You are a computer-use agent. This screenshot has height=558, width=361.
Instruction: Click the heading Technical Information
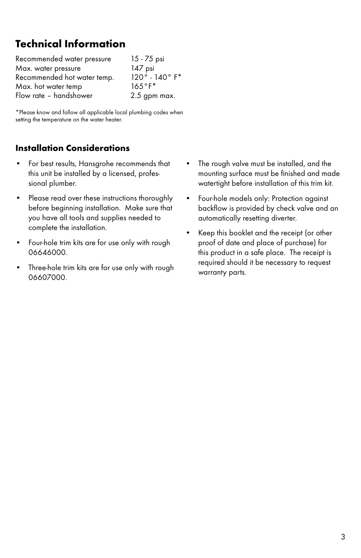pos(70,44)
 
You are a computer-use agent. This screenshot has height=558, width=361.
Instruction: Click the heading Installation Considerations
pos(72,148)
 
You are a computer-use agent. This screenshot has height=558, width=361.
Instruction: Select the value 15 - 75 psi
pos(148,59)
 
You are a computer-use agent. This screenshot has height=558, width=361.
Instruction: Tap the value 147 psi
pos(143,68)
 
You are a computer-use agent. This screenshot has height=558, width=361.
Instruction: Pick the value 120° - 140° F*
pos(156,78)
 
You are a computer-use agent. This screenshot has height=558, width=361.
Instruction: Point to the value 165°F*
pos(143,87)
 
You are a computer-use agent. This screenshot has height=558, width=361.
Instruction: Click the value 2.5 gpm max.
pos(153,96)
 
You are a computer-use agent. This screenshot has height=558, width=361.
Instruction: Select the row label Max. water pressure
pos(48,68)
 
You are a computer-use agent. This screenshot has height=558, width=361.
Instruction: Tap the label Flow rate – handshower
pos(54,96)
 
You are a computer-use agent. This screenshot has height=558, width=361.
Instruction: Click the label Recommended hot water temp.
pos(65,78)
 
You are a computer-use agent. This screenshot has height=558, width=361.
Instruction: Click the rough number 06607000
pos(47,278)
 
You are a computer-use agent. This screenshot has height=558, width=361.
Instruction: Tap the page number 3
pos(343,537)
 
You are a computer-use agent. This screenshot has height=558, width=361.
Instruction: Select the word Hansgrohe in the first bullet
pos(96,164)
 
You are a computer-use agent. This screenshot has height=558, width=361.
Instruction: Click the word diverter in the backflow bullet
pos(283,218)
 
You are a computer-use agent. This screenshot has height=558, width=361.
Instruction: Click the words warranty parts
pos(222,272)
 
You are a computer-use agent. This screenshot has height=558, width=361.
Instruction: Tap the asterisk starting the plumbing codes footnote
pos(17,112)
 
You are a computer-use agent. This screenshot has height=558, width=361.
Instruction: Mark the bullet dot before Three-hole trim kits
pos(18,268)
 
